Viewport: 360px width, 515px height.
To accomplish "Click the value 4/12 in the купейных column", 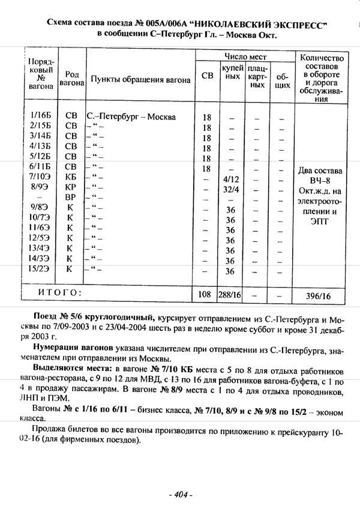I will point(230,179).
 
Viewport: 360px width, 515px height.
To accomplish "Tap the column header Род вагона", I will point(71,79).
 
